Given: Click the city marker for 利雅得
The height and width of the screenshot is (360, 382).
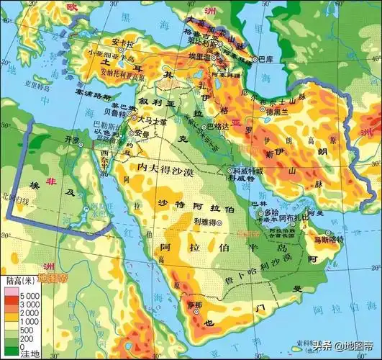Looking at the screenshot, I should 221,224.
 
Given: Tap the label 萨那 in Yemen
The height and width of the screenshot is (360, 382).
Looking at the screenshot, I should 194,305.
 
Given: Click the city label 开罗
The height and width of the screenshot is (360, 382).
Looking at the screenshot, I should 71,139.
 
